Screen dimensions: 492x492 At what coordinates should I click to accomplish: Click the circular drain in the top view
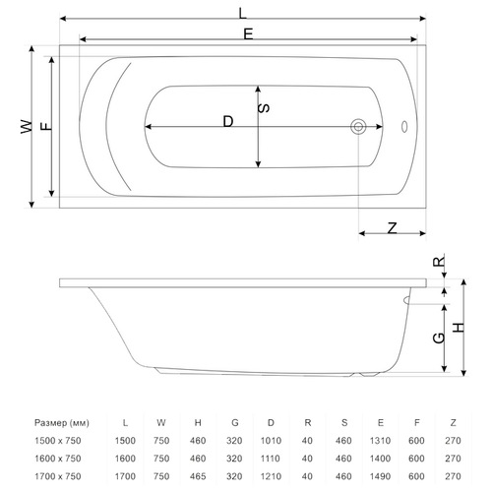click(358, 127)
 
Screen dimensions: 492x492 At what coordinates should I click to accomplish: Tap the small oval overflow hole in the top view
click(404, 127)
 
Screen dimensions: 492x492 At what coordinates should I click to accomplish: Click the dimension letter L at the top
click(242, 14)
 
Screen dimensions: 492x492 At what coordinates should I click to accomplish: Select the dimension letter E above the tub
click(248, 34)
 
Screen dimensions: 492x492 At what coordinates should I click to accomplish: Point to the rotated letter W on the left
click(27, 127)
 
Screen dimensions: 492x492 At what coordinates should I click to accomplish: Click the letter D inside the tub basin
click(228, 121)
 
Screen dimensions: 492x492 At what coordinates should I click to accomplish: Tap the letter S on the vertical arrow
click(264, 108)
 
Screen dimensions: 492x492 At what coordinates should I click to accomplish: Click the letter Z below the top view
click(392, 227)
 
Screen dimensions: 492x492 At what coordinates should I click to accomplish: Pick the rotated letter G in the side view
click(439, 338)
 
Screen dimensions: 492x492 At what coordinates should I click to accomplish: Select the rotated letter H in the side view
click(459, 328)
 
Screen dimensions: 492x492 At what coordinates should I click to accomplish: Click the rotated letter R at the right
click(439, 262)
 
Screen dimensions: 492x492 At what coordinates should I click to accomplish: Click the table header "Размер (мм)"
click(62, 423)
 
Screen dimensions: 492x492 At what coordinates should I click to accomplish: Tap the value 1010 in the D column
click(271, 441)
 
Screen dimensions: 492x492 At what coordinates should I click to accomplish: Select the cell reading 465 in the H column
click(198, 476)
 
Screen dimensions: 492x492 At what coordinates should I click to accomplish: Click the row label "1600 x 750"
click(58, 459)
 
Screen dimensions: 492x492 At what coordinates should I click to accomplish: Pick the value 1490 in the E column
click(380, 476)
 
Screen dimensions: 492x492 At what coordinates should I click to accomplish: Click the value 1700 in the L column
click(125, 476)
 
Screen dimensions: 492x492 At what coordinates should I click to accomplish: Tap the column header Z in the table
click(453, 423)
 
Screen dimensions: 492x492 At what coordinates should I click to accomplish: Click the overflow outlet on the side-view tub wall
click(406, 300)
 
